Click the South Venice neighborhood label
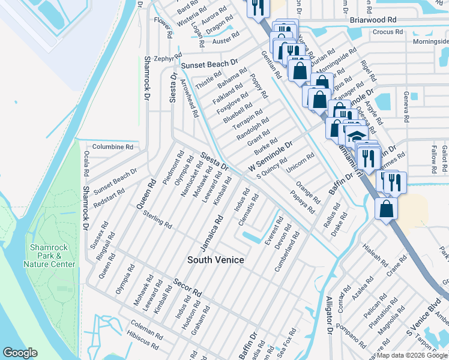[x=215, y=260]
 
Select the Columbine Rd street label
[x=112, y=146]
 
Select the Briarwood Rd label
[x=373, y=19]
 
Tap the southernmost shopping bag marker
[x=387, y=209]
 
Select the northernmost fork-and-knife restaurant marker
[x=258, y=7]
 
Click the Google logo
[x=20, y=353]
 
